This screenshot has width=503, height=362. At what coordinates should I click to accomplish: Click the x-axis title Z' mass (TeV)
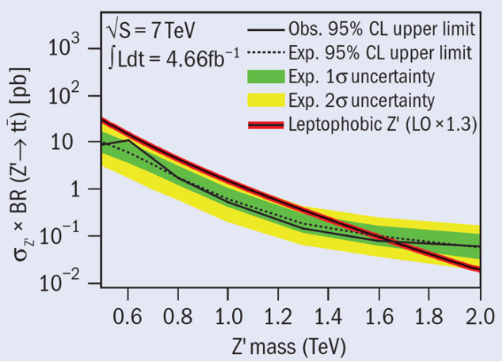point(289,345)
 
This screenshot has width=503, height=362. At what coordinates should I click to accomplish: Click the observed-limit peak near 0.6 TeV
point(128,140)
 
